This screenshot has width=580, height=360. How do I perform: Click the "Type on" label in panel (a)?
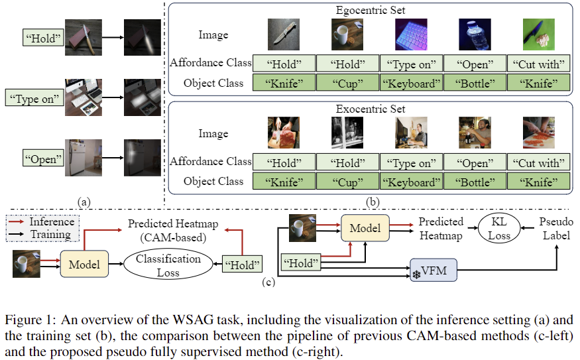(33, 99)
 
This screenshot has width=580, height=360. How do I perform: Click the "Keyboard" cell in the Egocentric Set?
(410, 84)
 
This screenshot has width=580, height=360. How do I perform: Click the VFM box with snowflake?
(434, 270)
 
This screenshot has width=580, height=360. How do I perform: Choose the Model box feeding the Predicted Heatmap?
(365, 228)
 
